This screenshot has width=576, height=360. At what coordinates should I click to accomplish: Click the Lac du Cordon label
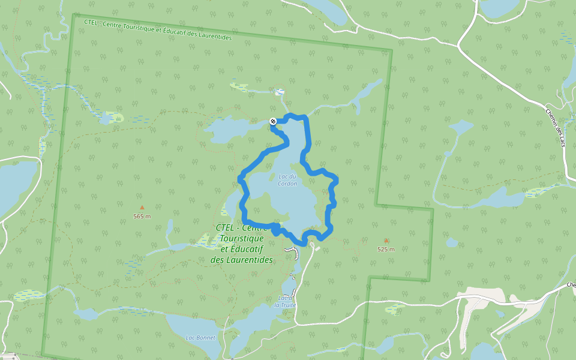pos(288,180)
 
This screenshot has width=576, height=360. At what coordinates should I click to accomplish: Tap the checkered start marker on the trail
pos(273,121)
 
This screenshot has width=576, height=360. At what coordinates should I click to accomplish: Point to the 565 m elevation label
pos(142,216)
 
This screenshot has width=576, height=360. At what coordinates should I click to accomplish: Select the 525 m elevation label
pos(386,249)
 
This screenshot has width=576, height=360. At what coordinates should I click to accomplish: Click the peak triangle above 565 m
pos(142,208)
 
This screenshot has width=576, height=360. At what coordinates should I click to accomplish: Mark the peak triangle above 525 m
pos(386,241)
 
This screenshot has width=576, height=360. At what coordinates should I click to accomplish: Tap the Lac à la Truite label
pos(286,301)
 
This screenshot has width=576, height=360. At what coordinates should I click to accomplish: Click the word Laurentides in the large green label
pos(242,260)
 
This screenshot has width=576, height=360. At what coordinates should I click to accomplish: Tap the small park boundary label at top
pos(157,30)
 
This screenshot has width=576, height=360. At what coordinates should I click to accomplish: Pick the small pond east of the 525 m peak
pos(452,243)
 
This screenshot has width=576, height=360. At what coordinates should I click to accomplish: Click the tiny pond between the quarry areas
pos(499,313)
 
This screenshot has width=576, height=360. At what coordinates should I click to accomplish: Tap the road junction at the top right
pos(460,44)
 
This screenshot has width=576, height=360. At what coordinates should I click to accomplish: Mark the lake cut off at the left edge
pos(15,183)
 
